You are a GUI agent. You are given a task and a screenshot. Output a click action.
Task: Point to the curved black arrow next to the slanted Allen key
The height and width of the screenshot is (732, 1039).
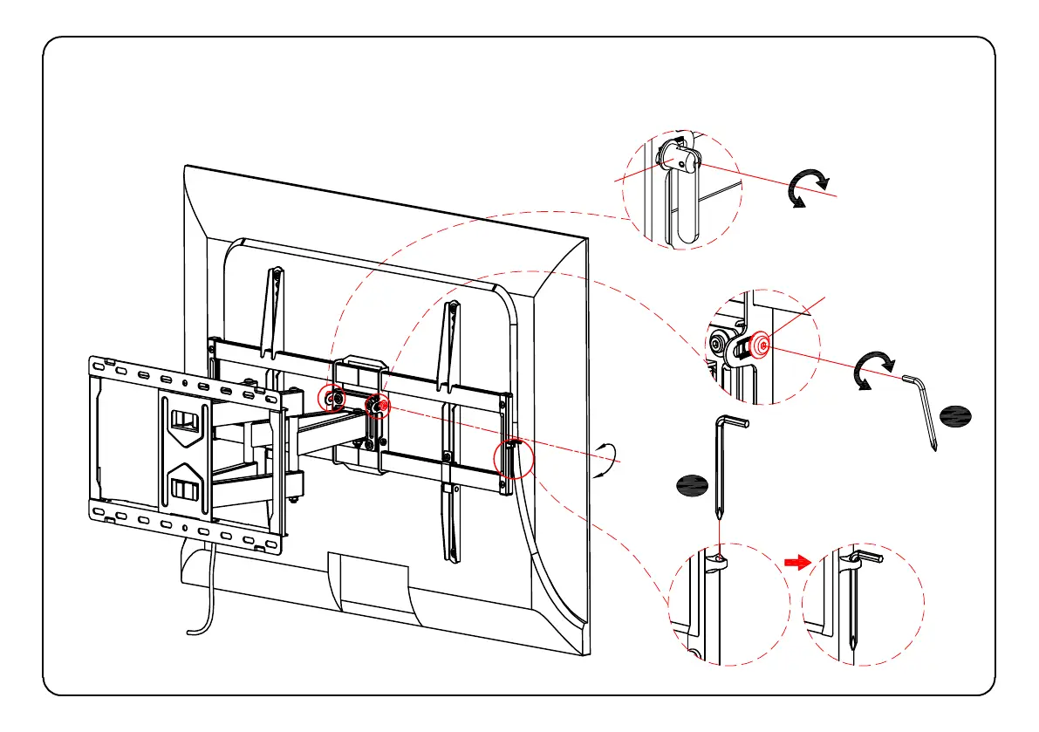(x=873, y=371)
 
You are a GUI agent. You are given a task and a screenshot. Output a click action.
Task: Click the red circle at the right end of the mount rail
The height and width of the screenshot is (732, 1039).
(x=512, y=460)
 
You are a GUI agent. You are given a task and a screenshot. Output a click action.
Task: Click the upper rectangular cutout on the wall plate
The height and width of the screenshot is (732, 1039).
(x=182, y=420)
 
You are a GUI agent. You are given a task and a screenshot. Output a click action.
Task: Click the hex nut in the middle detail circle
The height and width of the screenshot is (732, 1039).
(x=721, y=345)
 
